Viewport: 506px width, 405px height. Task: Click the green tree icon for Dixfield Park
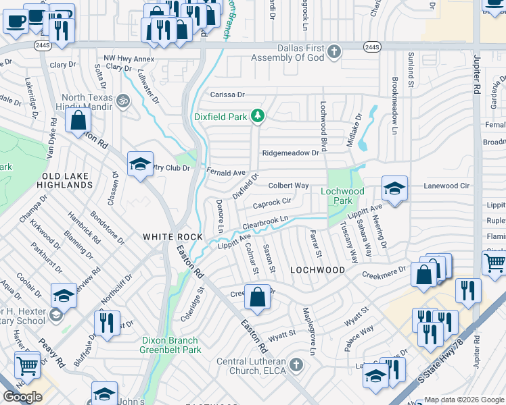(x=257, y=117)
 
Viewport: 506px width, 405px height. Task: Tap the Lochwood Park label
(x=342, y=196)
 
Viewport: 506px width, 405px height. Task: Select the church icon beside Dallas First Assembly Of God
(x=333, y=51)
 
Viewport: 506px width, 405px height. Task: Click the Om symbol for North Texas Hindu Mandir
(x=122, y=101)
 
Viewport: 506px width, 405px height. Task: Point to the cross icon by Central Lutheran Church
(x=295, y=365)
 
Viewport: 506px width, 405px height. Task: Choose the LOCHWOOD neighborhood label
(x=317, y=269)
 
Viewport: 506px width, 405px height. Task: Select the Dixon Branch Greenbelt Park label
(x=170, y=345)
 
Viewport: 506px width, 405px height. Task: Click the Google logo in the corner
(x=22, y=396)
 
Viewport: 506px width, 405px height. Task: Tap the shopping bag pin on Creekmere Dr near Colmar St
(x=257, y=297)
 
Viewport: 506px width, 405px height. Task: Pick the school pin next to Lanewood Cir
(x=394, y=188)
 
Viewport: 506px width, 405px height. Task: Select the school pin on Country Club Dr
(x=140, y=165)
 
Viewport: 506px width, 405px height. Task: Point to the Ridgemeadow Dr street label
(x=290, y=153)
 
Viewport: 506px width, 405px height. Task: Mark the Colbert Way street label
(x=288, y=186)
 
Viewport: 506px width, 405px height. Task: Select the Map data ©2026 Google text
(x=464, y=400)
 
